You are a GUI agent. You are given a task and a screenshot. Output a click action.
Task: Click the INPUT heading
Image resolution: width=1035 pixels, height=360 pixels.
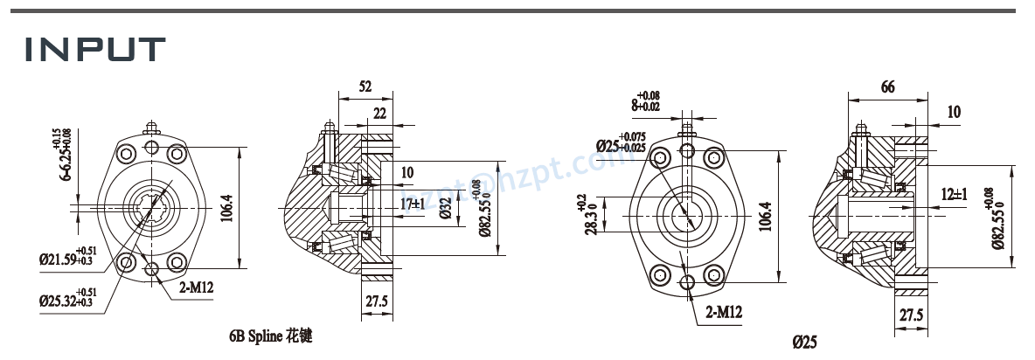pos(95,49)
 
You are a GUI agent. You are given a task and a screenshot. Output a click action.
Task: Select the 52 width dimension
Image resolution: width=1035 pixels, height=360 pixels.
pos(365,87)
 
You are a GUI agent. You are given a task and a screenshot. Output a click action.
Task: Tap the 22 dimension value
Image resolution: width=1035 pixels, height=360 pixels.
pos(379,114)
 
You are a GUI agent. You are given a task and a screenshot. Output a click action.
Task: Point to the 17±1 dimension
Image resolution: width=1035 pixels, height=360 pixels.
pos(413,204)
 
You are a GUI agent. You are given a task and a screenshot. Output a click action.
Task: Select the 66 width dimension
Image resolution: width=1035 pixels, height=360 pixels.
pos(886,87)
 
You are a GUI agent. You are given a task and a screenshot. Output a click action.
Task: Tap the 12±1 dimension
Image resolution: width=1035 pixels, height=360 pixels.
pos(954,194)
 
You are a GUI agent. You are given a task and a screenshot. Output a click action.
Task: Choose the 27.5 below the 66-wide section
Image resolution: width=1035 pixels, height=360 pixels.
pos(910,316)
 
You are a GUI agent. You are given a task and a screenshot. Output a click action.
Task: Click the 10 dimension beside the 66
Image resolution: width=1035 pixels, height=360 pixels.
pos(953,112)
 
